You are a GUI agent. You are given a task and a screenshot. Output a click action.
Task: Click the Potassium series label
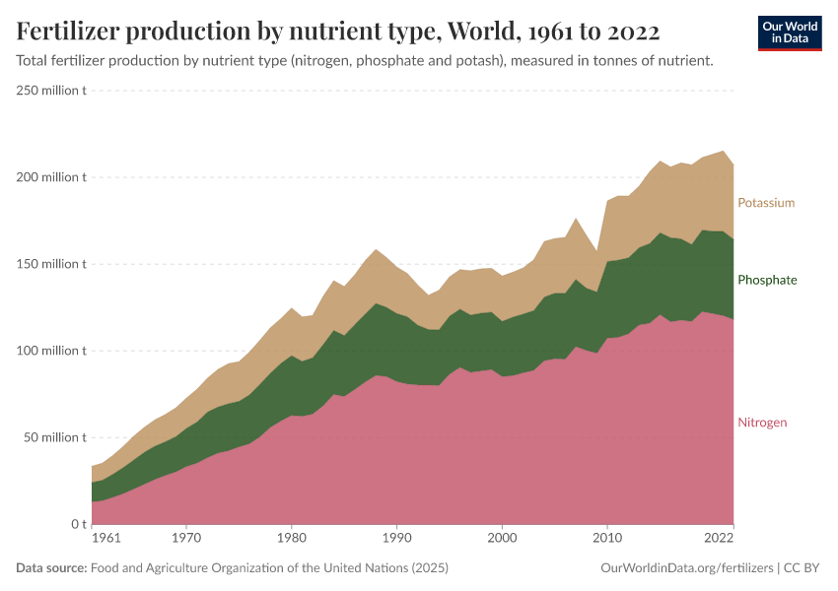click(x=765, y=203)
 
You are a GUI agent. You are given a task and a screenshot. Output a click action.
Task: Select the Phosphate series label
click(x=766, y=280)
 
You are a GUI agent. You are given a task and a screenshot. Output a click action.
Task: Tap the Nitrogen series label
click(x=762, y=423)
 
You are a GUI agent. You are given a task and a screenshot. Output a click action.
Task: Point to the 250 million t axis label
click(x=51, y=91)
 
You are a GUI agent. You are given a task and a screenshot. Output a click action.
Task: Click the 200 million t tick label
click(x=51, y=177)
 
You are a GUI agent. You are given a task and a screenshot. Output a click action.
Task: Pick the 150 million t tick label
click(x=51, y=264)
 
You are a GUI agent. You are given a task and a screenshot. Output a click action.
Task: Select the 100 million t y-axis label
click(x=51, y=351)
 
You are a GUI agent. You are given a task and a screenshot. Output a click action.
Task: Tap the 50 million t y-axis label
click(x=54, y=437)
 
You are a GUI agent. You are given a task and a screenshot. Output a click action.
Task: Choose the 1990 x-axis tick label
click(x=397, y=539)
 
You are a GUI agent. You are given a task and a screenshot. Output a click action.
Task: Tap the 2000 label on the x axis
click(x=503, y=539)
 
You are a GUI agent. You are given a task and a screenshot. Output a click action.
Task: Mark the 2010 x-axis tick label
click(x=608, y=539)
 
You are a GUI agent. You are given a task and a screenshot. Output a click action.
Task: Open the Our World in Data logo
click(x=790, y=33)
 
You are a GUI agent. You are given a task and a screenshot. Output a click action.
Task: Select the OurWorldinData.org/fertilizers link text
click(x=686, y=568)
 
